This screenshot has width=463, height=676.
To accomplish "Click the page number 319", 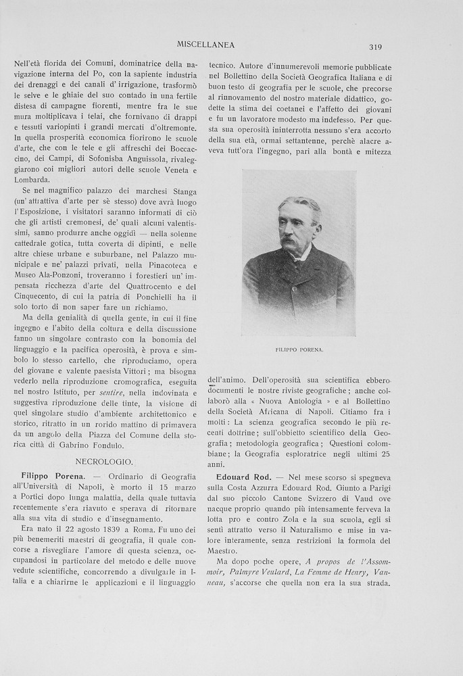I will pos(376,47).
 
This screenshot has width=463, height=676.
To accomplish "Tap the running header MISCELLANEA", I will pos(205,45).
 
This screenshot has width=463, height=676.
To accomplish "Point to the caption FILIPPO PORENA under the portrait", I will pos(299,349).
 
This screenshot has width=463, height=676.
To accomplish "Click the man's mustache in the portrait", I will pos(290,241).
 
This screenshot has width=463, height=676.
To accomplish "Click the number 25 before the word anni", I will pos(385,453).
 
